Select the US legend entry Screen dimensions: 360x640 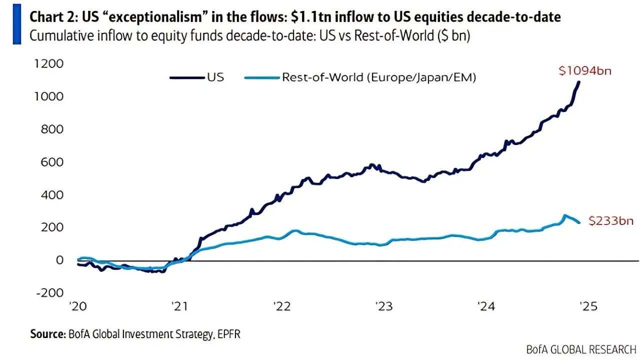[x=215, y=77]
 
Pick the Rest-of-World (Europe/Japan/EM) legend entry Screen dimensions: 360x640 [x=378, y=77]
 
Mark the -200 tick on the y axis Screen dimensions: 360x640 [x=51, y=292]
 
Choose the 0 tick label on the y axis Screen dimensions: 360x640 [x=59, y=259]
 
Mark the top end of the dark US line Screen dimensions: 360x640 [x=579, y=82]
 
